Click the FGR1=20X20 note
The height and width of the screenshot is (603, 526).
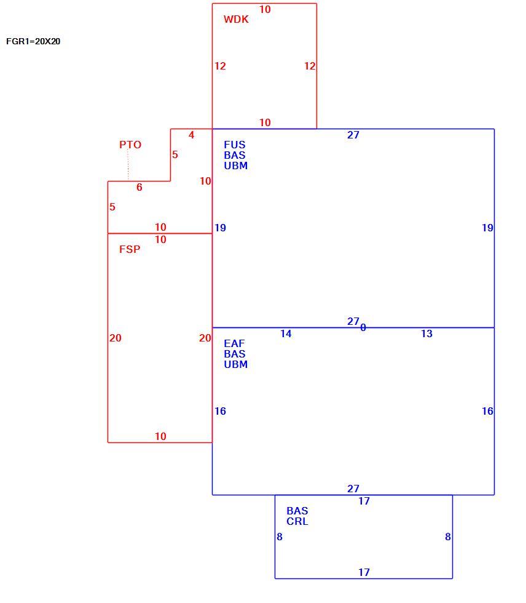pos(33,42)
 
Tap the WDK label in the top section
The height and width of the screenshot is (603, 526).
pos(236,19)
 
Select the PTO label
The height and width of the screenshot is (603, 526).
pos(130,145)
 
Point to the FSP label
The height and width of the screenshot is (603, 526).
pos(130,249)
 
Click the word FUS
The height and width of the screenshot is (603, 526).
pos(235,145)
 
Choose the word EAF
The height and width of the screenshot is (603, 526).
pos(234,343)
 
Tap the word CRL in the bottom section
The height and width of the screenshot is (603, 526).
pos(297,522)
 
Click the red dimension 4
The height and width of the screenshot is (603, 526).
pos(191,135)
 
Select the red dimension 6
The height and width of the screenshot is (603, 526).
pos(139,187)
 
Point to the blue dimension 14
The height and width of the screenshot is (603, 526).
pos(286,333)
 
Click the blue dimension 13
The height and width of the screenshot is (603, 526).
pos(426,333)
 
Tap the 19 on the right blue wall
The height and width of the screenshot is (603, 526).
pos(488,228)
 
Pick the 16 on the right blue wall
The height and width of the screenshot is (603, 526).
pos(488,412)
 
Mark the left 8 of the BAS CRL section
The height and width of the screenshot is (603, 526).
pos(280,537)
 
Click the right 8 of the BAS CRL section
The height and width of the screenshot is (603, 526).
pos(448,537)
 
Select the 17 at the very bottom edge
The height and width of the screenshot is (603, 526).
pos(364,573)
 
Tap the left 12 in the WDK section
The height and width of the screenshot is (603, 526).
pos(220,66)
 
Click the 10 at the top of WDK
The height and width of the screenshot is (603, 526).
pos(265,10)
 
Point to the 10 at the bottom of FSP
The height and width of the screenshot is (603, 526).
pos(160,436)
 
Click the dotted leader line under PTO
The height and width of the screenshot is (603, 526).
pos(128,166)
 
